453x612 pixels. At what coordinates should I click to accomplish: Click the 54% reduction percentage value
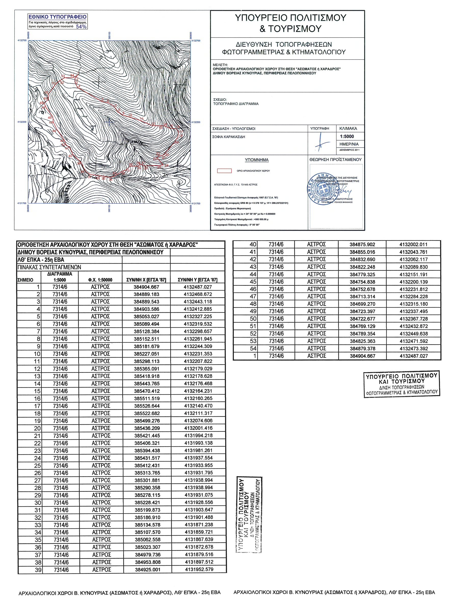click(81, 27)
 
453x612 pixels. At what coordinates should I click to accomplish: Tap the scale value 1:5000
click(347, 137)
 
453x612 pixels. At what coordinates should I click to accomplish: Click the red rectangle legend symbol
click(224, 171)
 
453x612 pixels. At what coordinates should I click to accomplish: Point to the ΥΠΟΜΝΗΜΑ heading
click(257, 160)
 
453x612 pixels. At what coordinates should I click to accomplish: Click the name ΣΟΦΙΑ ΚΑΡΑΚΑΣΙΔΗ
click(229, 137)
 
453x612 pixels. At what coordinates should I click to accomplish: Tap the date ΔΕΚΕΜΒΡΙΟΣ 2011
click(349, 150)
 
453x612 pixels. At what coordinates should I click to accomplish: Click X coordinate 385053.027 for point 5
click(146, 316)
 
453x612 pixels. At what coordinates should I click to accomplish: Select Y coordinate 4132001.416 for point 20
click(198, 428)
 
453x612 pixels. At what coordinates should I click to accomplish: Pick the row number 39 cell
click(38, 570)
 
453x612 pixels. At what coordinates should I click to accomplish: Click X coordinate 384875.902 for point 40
click(362, 244)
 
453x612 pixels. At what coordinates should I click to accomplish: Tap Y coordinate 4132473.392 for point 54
click(414, 349)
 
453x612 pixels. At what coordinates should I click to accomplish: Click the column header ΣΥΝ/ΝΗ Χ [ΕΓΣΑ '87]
click(146, 280)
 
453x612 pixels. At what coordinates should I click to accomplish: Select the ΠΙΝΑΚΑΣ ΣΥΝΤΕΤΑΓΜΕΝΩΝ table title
click(49, 267)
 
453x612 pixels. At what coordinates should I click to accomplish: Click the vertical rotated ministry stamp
click(249, 515)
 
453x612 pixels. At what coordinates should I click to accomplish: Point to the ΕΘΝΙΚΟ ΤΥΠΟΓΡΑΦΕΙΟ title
click(58, 17)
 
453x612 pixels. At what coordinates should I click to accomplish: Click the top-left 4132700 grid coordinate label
click(22, 40)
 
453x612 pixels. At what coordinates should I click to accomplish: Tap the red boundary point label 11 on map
click(142, 119)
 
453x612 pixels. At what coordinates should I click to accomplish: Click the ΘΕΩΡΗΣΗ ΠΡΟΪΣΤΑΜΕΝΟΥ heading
click(335, 160)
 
